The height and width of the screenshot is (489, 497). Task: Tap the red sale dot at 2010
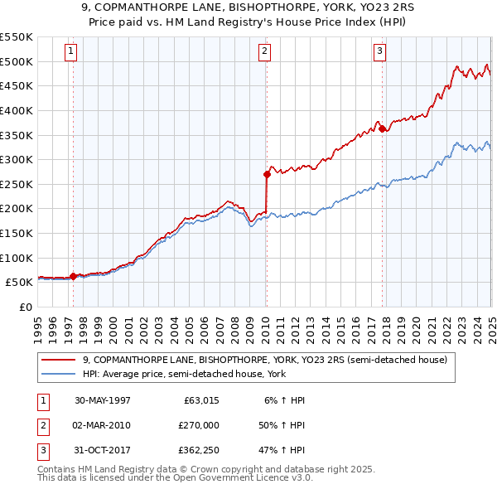point(267,174)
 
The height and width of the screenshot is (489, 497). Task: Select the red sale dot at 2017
point(382,128)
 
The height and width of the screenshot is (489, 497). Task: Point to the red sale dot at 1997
point(74,276)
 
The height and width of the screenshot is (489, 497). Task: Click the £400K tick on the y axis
point(17,110)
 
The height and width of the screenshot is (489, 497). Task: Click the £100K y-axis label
point(17,258)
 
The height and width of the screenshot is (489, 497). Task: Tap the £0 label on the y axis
point(25,307)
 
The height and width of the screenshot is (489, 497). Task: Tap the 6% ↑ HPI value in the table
point(284,400)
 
